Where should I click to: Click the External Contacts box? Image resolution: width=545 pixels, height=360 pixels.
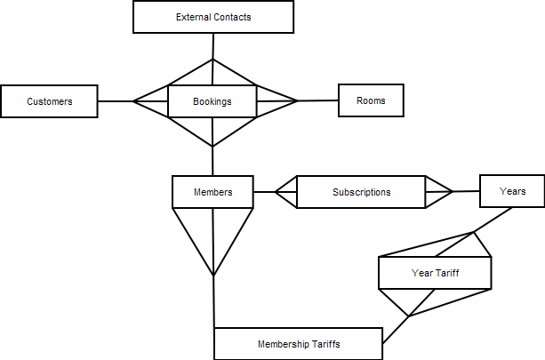212,17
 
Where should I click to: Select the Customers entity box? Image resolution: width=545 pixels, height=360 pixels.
49,101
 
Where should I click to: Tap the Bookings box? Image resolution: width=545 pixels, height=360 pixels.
212,101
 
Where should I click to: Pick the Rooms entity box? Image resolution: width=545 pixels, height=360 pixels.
371,100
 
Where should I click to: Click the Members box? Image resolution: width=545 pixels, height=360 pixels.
212,192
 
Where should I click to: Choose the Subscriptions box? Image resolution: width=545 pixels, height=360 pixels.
361,192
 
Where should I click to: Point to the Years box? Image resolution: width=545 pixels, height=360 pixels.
511,191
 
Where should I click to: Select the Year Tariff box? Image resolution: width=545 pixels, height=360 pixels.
435,273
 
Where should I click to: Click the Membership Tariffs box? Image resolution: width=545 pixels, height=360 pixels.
299,343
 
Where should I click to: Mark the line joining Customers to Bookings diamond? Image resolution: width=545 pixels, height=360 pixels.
115,101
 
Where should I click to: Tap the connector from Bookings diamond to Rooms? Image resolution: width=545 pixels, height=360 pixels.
317,100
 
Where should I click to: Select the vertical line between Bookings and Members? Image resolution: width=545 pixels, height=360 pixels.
212,160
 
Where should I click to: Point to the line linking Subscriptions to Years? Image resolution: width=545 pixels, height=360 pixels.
466,191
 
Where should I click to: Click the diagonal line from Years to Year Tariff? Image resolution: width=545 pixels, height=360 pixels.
493,220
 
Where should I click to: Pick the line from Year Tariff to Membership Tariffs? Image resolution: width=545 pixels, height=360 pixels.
396,329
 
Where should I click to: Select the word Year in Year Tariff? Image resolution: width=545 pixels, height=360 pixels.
421,273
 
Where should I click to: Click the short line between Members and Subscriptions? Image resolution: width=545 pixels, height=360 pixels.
264,191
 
